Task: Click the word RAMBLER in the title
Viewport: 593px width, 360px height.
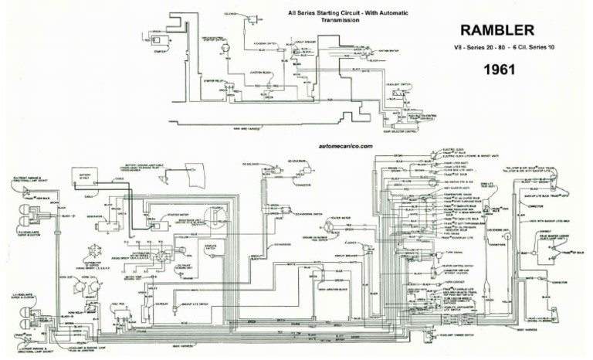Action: point(498,30)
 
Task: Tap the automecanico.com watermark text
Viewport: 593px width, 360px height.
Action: point(344,145)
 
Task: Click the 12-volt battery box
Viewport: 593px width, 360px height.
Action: point(85,179)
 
